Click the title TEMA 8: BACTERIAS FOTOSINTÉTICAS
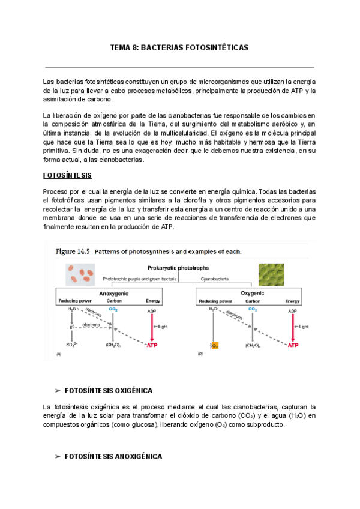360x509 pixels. pyautogui.click(x=179, y=47)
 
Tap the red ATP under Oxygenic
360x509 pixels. pyautogui.click(x=293, y=345)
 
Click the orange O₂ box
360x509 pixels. pyautogui.click(x=215, y=345)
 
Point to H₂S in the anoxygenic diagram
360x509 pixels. pyautogui.click(x=72, y=309)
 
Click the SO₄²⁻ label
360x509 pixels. pyautogui.click(x=72, y=345)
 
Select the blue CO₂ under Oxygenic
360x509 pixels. pyautogui.click(x=253, y=309)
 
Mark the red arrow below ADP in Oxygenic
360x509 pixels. pyautogui.click(x=293, y=327)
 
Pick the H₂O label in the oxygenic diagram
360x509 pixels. pyautogui.click(x=214, y=309)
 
